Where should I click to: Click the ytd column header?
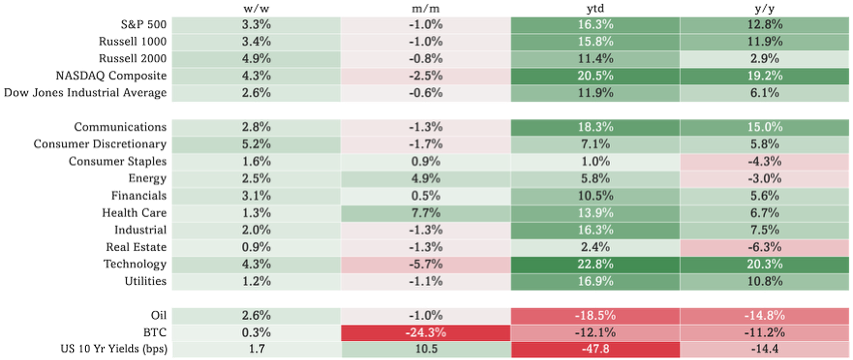pos(595,8)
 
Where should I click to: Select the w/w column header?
pos(255,8)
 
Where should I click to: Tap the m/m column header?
pos(425,8)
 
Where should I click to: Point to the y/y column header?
pos(765,8)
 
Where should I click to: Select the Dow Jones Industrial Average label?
pos(85,93)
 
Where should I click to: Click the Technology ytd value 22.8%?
pos(595,265)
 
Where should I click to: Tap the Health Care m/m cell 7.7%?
pos(425,213)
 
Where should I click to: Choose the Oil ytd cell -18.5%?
pos(595,315)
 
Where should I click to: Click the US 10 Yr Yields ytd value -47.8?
pos(595,350)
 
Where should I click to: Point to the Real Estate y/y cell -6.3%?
pos(765,247)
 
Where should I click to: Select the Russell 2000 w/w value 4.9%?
pos(255,58)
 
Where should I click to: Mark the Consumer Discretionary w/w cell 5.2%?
pos(255,144)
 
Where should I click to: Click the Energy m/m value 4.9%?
pos(425,178)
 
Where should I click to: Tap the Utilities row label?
pos(145,282)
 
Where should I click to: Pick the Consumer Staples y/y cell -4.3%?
pos(765,161)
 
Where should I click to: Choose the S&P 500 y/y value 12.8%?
pos(765,24)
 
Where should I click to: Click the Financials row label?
pos(140,196)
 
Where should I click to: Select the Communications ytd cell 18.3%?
pos(595,127)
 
